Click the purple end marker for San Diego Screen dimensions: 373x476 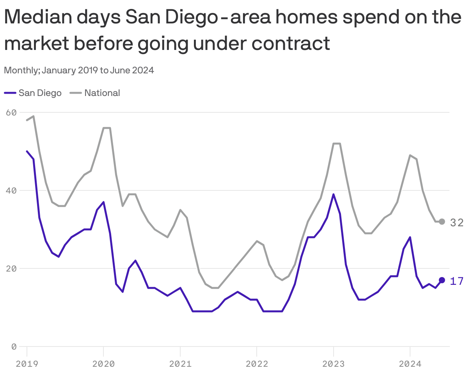tap(442, 280)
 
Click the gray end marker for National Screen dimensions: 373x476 tap(442, 222)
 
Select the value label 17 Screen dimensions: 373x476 tap(456, 281)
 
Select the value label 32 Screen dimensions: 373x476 tap(456, 222)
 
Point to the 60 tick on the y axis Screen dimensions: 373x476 tap(12, 112)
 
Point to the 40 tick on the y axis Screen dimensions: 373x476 tap(12, 190)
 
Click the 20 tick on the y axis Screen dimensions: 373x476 tap(12, 268)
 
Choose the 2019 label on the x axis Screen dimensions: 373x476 tap(27, 364)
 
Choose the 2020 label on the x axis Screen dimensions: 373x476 tap(103, 364)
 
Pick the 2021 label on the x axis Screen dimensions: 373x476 tap(180, 364)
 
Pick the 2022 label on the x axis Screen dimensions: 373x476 tap(257, 364)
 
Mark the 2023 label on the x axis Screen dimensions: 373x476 tap(333, 364)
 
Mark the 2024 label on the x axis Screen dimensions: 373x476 tap(410, 364)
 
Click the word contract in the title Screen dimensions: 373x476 tap(291, 43)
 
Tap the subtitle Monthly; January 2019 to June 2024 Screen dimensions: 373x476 tap(79, 71)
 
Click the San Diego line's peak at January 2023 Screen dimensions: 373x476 tap(333, 194)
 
